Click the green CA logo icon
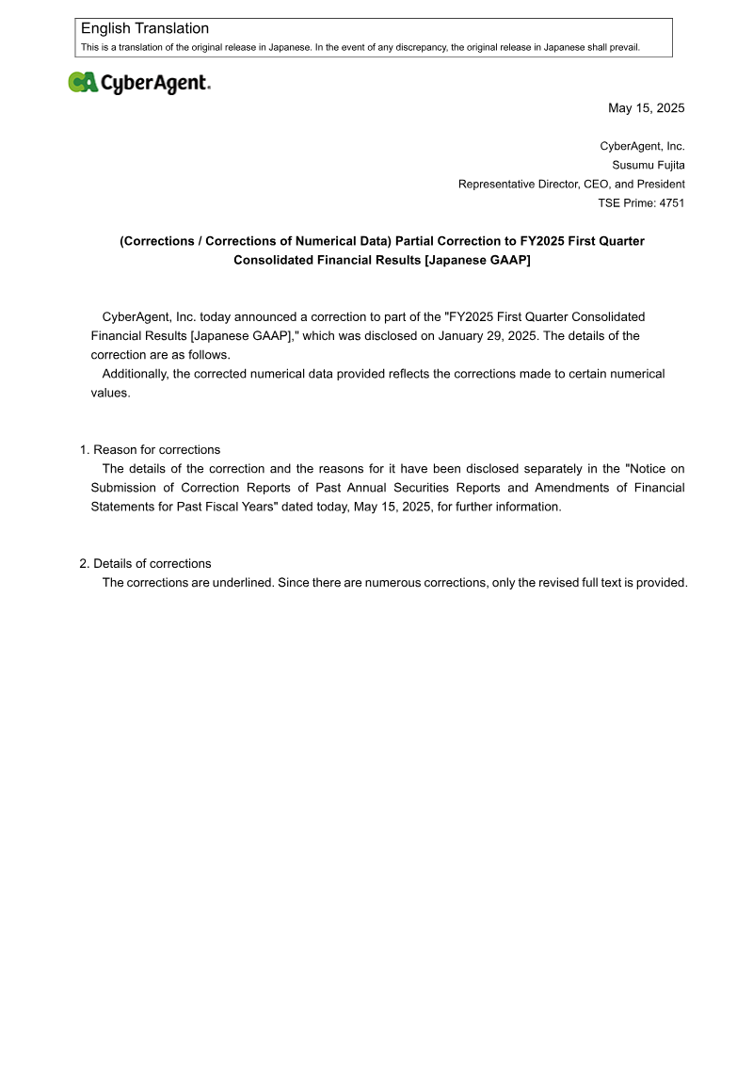pyautogui.click(x=83, y=83)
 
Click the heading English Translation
pyautogui.click(x=145, y=29)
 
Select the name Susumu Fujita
pyautogui.click(x=649, y=165)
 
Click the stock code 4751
pyautogui.click(x=670, y=202)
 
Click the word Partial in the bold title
pyautogui.click(x=415, y=241)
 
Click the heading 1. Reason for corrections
pyautogui.click(x=150, y=450)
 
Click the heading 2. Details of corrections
pyautogui.click(x=145, y=563)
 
